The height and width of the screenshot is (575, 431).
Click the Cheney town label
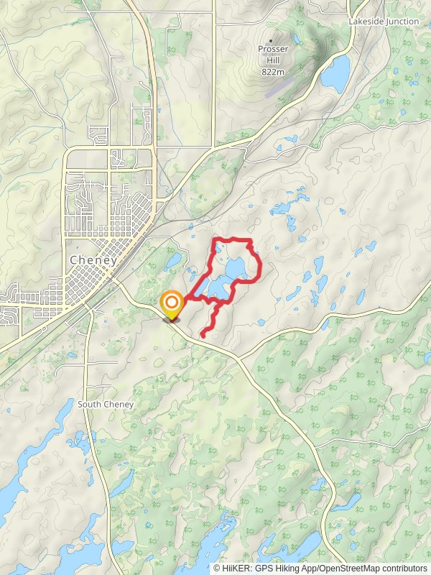click(93, 260)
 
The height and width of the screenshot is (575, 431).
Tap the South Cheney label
click(106, 405)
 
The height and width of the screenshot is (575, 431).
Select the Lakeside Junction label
click(384, 22)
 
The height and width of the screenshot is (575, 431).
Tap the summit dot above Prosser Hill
click(272, 40)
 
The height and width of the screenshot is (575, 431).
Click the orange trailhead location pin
click(172, 305)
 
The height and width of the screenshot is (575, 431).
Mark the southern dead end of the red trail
click(202, 335)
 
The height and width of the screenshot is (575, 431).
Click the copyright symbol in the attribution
click(217, 569)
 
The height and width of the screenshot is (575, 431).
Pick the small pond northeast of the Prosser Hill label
click(296, 36)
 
